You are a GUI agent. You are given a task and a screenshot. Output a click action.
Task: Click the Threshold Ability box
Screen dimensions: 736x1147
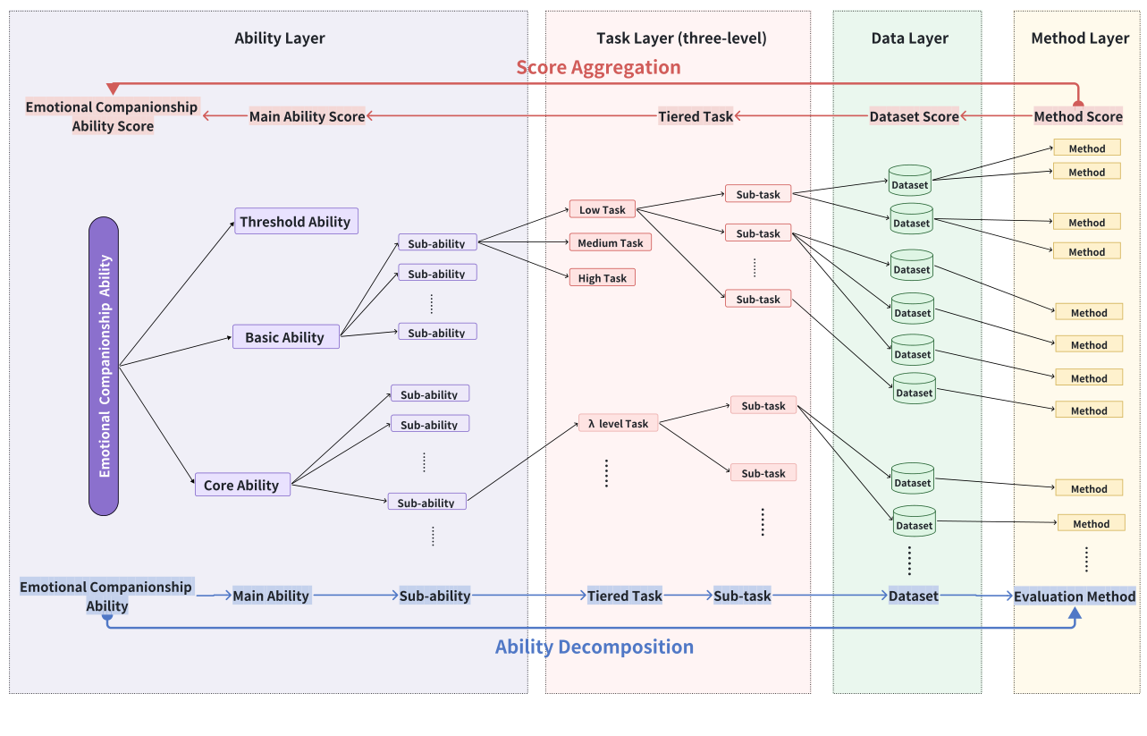click(296, 222)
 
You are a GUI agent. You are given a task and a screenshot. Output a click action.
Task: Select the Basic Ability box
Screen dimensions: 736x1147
click(285, 337)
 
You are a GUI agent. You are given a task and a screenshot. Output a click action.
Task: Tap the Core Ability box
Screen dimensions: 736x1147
click(242, 485)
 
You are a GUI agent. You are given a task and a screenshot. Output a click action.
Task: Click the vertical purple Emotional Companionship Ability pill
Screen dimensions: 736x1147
click(104, 366)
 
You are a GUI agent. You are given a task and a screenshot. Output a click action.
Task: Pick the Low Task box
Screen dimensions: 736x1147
click(602, 209)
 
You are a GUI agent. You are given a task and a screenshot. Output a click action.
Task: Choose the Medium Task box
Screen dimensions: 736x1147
click(610, 242)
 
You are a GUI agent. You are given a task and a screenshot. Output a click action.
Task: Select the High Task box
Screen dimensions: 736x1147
click(602, 278)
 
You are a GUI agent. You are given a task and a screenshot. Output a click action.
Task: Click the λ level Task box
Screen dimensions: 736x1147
click(618, 423)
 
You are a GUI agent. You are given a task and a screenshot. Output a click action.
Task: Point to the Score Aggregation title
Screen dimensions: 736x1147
click(598, 67)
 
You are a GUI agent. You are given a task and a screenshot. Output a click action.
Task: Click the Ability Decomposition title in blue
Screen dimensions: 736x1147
click(595, 647)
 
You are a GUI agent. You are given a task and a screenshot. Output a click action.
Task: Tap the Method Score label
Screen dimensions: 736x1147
click(1078, 116)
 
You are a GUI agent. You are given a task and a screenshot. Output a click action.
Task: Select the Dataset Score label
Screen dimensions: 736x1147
click(914, 116)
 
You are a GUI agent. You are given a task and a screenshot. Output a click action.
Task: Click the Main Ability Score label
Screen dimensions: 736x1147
click(307, 116)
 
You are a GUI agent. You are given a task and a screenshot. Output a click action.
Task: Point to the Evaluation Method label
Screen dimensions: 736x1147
click(1074, 596)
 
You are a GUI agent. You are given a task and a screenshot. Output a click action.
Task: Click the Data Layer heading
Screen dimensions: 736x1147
click(909, 38)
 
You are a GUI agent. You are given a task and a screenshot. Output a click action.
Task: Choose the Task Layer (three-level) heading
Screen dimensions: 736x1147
click(681, 38)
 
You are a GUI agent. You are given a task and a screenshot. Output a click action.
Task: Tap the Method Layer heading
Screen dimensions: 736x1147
click(1080, 38)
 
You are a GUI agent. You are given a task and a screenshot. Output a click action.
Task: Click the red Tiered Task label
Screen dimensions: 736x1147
click(696, 116)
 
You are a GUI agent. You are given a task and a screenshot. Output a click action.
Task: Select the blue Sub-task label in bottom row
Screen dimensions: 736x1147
click(742, 596)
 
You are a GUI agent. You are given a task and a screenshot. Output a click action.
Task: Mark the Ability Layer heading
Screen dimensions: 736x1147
click(280, 38)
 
